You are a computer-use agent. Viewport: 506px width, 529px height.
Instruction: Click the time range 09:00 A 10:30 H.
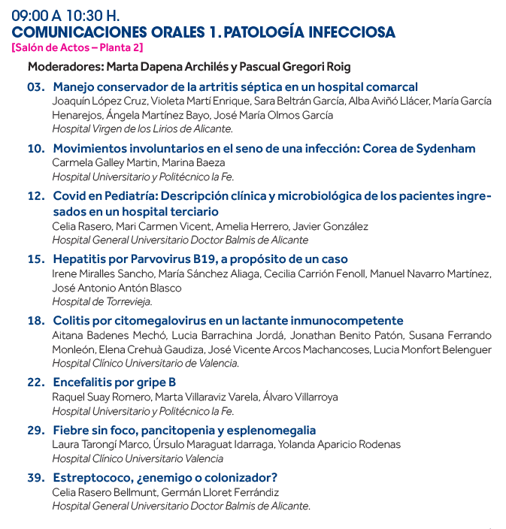coord(66,15)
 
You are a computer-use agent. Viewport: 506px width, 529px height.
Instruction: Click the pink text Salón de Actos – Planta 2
coord(77,47)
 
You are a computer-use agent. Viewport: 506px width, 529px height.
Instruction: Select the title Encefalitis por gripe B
coord(114,382)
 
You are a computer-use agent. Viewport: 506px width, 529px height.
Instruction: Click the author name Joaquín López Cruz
coord(96,101)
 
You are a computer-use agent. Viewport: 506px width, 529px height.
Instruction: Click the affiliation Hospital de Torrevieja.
coord(102,301)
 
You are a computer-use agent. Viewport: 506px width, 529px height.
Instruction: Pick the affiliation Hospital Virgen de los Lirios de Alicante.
coord(141,128)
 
